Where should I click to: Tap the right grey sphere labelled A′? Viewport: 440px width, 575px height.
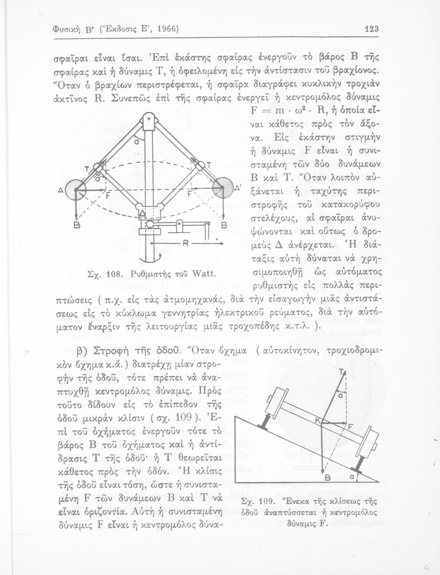point(223,187)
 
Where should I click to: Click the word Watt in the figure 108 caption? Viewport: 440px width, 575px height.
point(205,274)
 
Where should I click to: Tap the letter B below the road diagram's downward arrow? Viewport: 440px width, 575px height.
point(328,478)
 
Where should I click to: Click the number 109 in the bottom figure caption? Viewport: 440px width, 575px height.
point(265,502)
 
